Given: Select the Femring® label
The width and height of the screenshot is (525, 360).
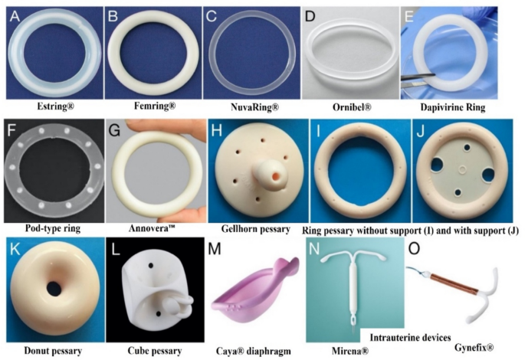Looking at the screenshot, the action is click(x=154, y=105).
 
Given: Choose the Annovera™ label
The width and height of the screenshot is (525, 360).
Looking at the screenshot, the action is click(x=155, y=228).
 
